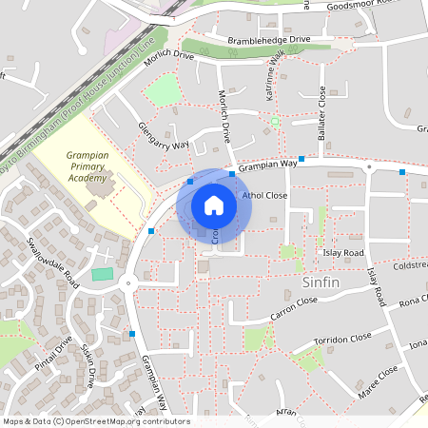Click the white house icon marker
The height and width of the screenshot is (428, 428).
[214, 204]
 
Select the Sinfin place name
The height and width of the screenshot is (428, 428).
[321, 282]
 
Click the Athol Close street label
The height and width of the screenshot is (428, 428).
[264, 195]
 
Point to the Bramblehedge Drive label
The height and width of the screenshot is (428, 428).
[269, 40]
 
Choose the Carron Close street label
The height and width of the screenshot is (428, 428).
[293, 306]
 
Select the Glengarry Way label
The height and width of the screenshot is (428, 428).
[164, 137]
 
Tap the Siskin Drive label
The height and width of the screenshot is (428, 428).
[88, 363]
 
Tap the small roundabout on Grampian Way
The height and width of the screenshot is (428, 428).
[126, 282]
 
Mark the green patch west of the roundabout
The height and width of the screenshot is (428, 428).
[101, 274]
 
